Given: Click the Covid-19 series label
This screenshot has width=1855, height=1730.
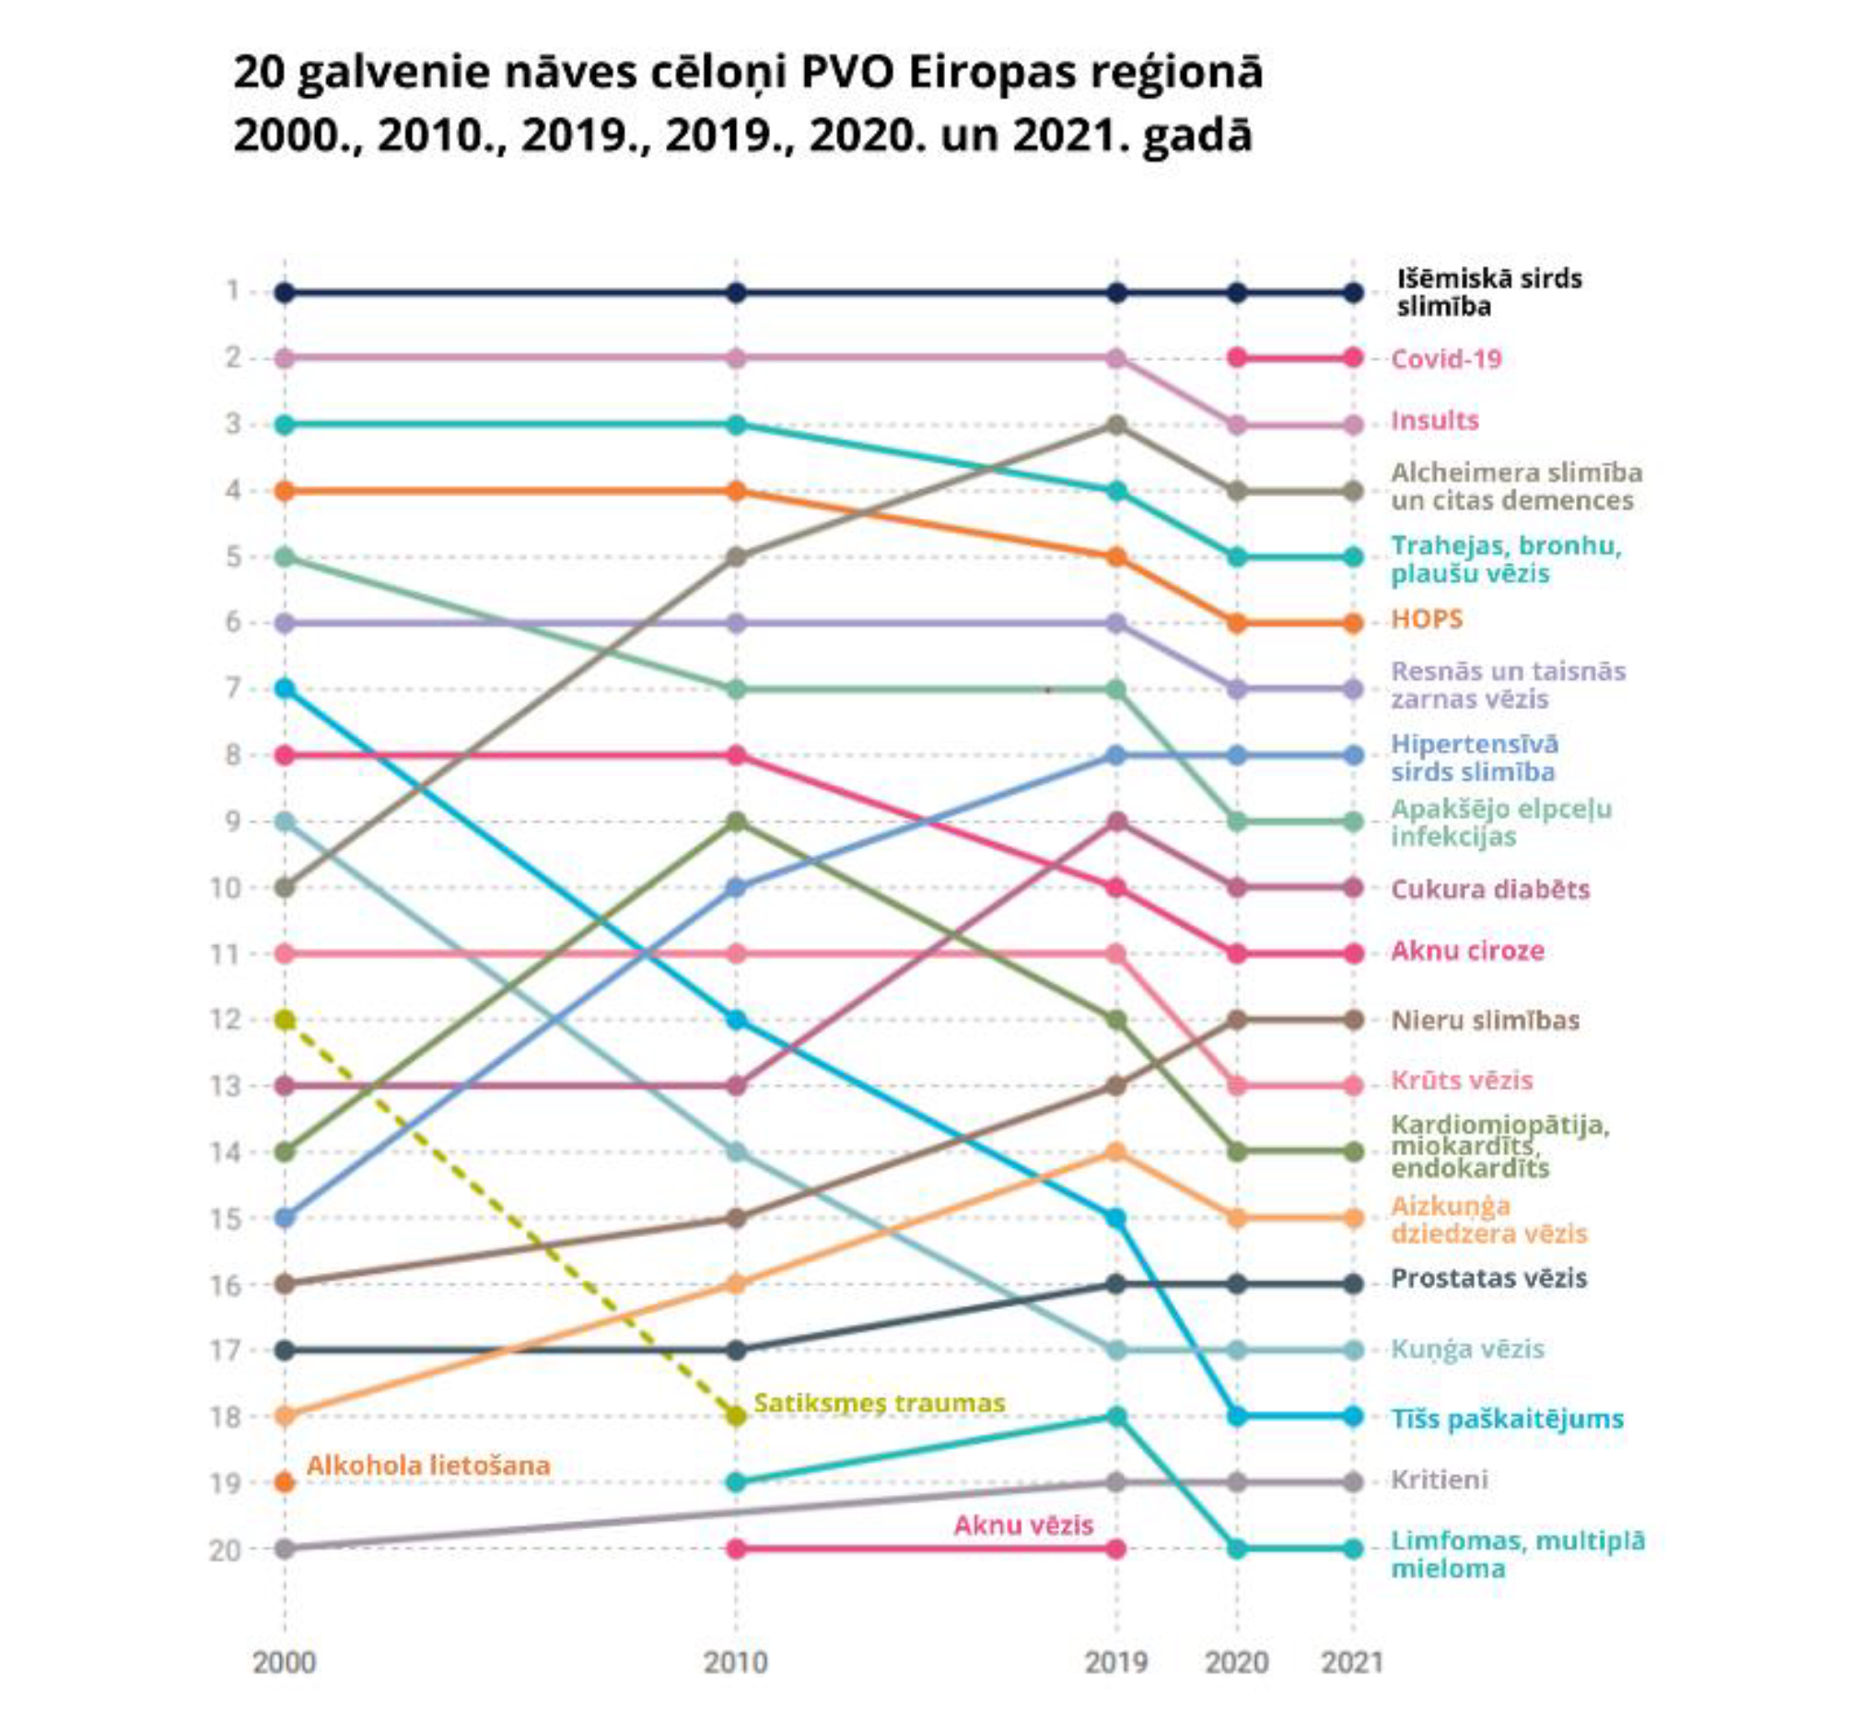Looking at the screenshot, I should click(x=1445, y=359).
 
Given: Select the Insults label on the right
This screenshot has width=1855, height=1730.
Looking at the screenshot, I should click(x=1434, y=421).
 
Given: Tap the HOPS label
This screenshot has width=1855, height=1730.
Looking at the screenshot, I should click(x=1426, y=619).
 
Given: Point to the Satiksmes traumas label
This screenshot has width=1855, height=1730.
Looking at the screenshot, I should click(x=879, y=1403).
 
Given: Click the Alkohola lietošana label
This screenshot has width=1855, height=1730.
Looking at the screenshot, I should click(x=428, y=1466).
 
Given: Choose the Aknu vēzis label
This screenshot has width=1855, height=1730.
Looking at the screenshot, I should click(x=1022, y=1525).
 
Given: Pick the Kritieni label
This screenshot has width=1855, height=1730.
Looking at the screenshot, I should click(x=1439, y=1480).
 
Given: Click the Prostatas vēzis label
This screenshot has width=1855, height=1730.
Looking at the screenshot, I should click(x=1488, y=1279).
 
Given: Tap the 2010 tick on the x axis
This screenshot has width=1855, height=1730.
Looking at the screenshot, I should click(x=735, y=1663).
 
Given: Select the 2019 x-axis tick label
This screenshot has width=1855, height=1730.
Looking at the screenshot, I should click(x=1116, y=1663).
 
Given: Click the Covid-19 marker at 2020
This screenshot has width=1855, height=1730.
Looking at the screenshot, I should click(x=1237, y=357).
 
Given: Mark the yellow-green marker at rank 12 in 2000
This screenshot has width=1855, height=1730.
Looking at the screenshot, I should click(x=286, y=1020).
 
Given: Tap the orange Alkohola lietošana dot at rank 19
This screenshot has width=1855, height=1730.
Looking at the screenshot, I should click(x=286, y=1483).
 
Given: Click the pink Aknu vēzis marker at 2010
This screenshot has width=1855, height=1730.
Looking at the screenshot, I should click(x=736, y=1549).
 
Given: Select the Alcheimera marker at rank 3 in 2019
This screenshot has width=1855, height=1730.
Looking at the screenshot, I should click(x=1116, y=425).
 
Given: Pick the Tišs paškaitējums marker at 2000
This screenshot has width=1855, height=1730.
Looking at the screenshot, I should click(x=286, y=689).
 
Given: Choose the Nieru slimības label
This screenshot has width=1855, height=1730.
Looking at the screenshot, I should click(x=1485, y=1020).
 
